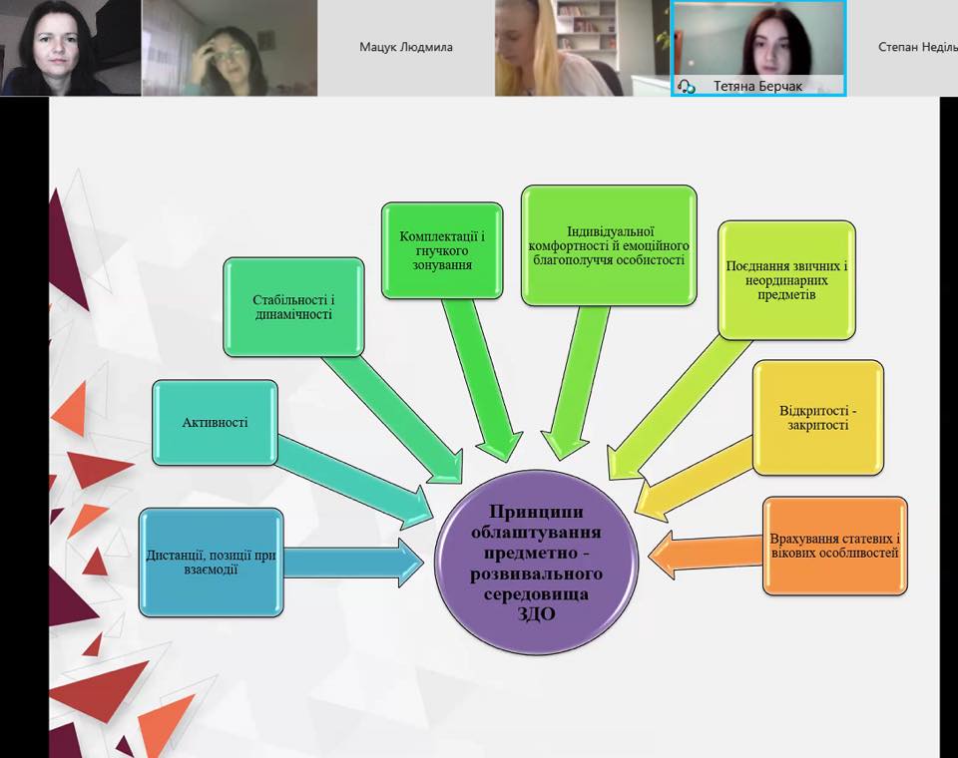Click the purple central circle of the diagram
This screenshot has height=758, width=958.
point(537,562)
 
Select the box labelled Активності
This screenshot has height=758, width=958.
point(215,422)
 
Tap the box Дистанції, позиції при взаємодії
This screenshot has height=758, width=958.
point(212,562)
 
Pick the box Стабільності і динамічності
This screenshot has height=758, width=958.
point(293,307)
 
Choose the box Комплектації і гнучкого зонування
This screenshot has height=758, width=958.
point(442,250)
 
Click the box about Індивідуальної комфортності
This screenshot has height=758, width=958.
point(609,245)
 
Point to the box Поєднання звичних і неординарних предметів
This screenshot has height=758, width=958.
point(787,279)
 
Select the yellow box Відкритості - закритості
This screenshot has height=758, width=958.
point(818,418)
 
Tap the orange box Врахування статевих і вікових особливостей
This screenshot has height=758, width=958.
point(835,546)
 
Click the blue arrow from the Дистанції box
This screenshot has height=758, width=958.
point(353,563)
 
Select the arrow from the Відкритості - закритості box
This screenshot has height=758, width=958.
point(695,480)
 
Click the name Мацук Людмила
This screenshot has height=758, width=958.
point(406,47)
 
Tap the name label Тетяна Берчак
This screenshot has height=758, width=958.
point(757,86)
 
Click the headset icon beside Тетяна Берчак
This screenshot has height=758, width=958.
point(687,86)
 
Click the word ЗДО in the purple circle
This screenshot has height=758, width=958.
point(537,613)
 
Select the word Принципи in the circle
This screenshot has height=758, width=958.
point(536,512)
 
